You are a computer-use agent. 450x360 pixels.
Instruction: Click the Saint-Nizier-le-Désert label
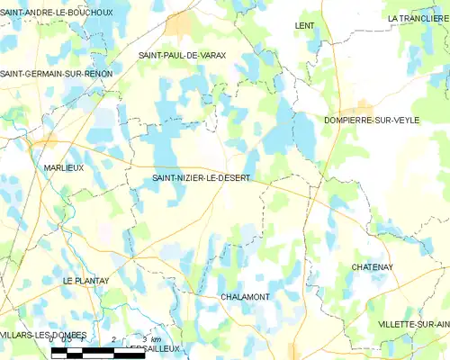click(x=201, y=178)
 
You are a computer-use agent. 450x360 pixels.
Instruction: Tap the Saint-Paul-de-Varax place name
click(x=182, y=56)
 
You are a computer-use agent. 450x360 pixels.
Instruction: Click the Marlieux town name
click(x=64, y=167)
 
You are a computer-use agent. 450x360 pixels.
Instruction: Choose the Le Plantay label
click(x=85, y=281)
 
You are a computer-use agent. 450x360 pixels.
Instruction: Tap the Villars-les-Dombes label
click(x=43, y=335)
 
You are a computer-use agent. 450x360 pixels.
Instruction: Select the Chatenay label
click(x=374, y=267)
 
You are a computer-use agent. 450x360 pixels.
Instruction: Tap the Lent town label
click(x=304, y=26)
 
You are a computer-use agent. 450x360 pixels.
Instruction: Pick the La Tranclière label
click(x=418, y=18)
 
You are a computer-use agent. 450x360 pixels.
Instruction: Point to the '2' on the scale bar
click(x=113, y=338)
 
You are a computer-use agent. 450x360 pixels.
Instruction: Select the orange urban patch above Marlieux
click(x=42, y=141)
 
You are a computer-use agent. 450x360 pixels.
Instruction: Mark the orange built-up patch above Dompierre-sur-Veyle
click(x=364, y=106)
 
